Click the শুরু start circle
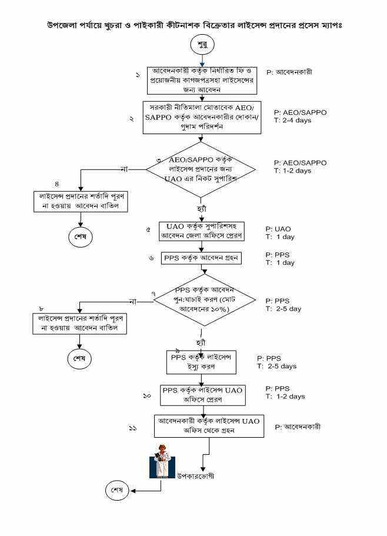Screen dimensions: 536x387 202,45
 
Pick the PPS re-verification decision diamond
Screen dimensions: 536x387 204,301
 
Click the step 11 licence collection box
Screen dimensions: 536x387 209,427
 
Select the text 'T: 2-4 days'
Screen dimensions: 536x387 292,120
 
